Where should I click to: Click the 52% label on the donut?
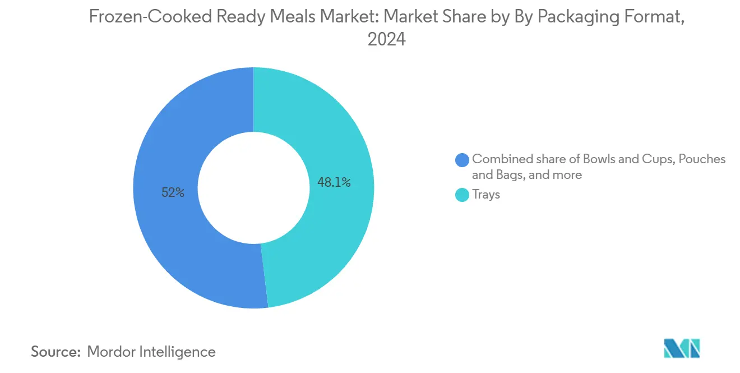coord(172,192)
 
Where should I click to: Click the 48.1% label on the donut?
coord(334,182)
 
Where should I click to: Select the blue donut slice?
coord(168,236)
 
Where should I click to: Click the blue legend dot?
coord(462,160)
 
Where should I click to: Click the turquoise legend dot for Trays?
coord(462,195)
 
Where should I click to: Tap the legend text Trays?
coord(485,195)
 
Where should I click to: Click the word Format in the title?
coord(655,17)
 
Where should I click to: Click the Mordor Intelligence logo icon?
coord(681,348)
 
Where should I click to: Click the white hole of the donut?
coord(253,188)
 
